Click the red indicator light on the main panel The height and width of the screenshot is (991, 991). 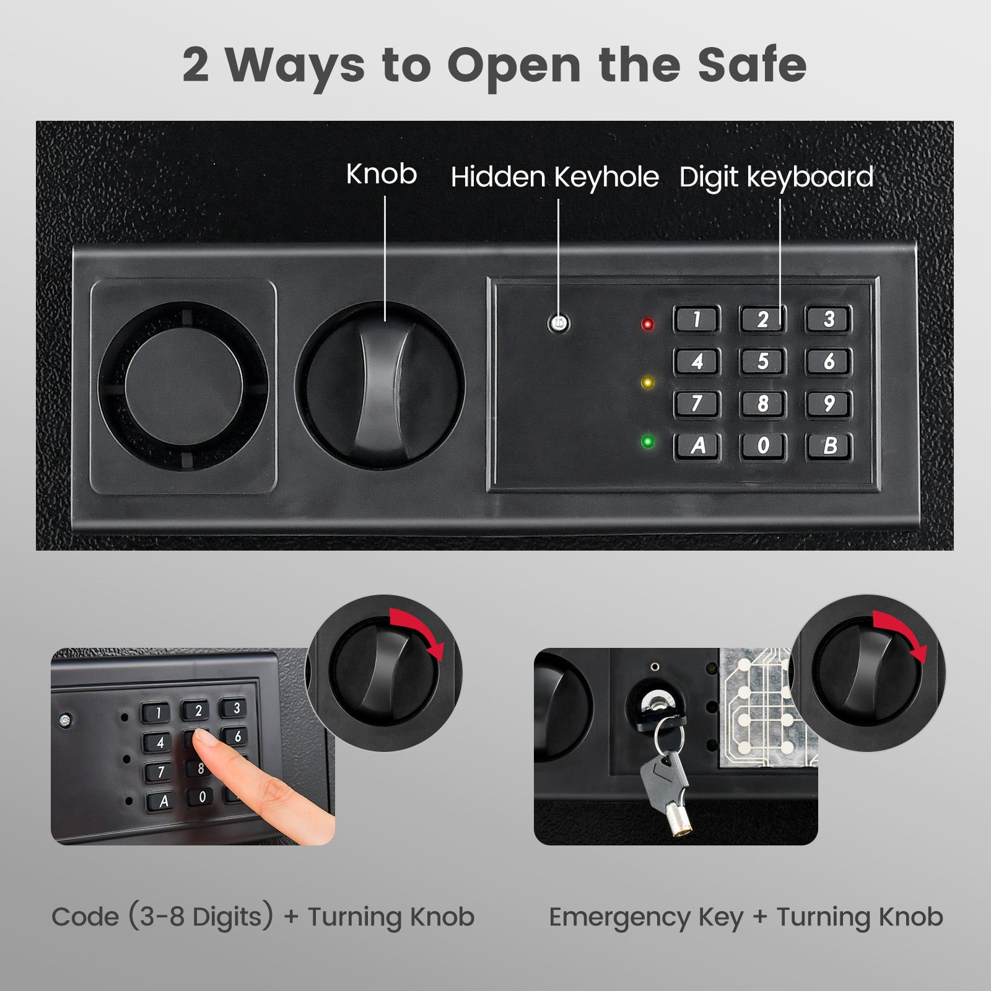point(648,324)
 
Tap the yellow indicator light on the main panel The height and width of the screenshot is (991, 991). point(648,383)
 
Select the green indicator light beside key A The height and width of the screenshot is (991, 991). point(648,442)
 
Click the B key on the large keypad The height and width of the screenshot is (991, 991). point(829,445)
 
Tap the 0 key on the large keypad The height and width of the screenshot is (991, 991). point(763,445)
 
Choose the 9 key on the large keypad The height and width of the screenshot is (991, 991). point(829,403)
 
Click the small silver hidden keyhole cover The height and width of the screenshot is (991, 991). point(559,323)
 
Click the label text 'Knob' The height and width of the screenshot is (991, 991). point(381,174)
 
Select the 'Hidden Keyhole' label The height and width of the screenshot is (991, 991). point(554,177)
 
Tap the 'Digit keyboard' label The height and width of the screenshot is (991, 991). point(776,177)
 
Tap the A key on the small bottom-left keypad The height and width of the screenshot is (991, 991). point(164,801)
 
